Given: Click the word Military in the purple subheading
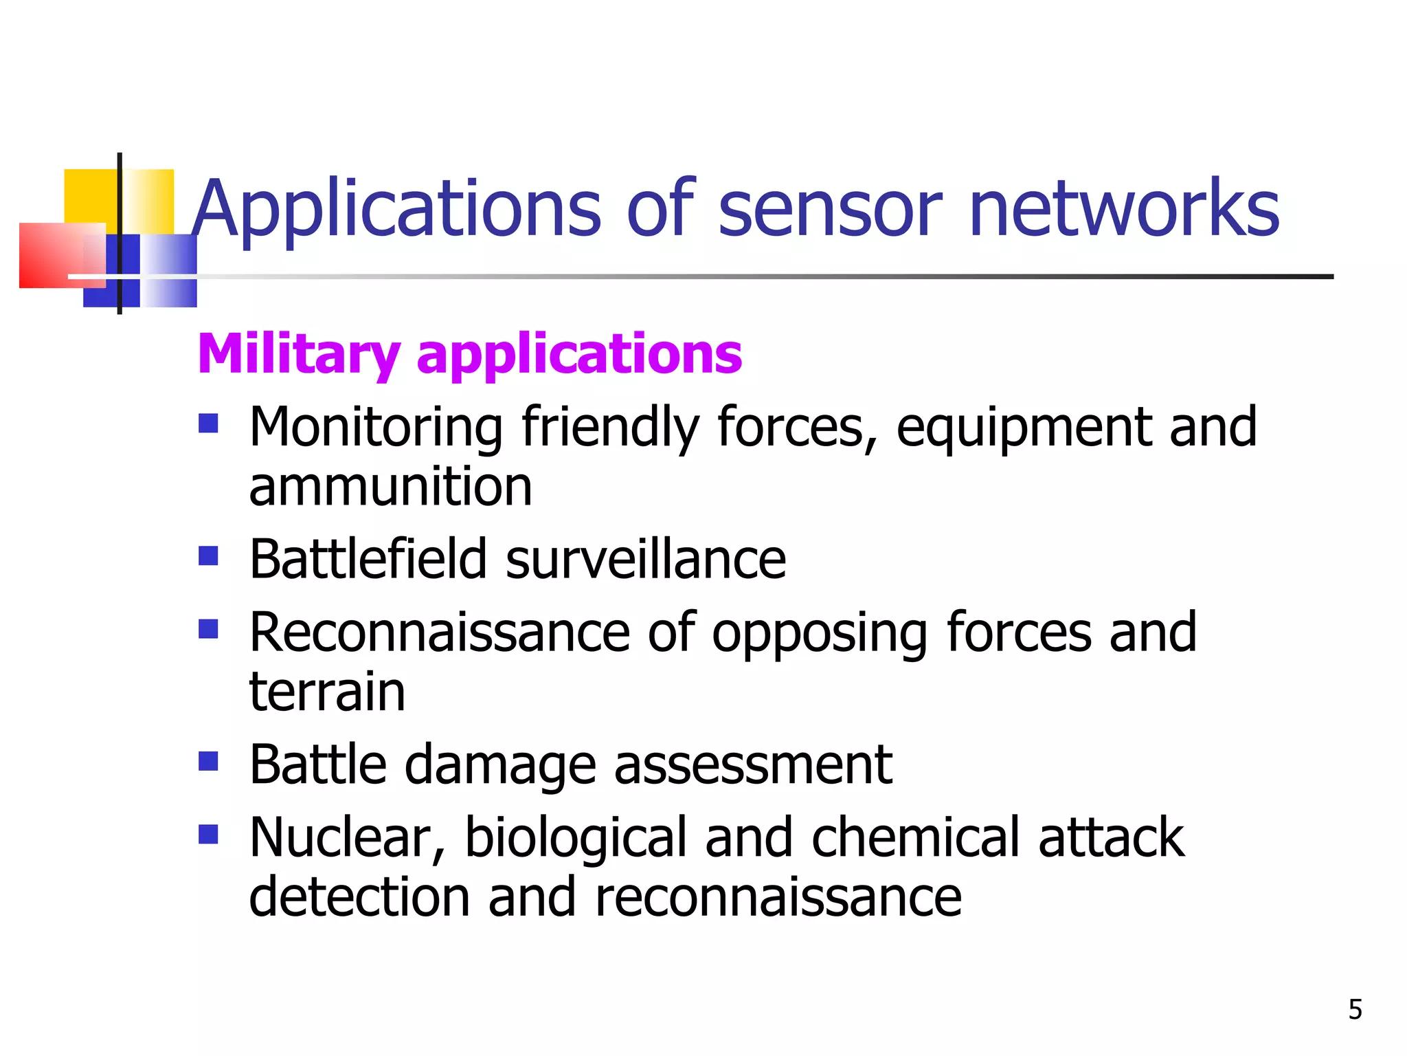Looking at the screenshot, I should tap(298, 355).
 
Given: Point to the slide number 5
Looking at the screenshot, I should tap(1355, 1009).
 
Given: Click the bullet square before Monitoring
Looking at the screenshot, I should tap(208, 423).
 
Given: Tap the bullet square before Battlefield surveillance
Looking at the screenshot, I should tap(208, 555).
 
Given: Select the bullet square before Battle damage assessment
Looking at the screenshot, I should tap(208, 760).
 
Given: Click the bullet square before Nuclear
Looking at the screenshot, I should tap(208, 834).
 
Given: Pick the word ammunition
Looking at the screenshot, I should tap(390, 487).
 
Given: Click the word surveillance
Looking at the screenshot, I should tap(646, 559).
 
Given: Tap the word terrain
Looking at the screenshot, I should tap(327, 692).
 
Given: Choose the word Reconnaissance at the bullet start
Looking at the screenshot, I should tap(440, 632).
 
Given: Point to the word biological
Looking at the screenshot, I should tap(576, 839).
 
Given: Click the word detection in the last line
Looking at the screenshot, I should tap(359, 897).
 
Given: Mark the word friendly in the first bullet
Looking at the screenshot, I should tap(610, 428).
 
